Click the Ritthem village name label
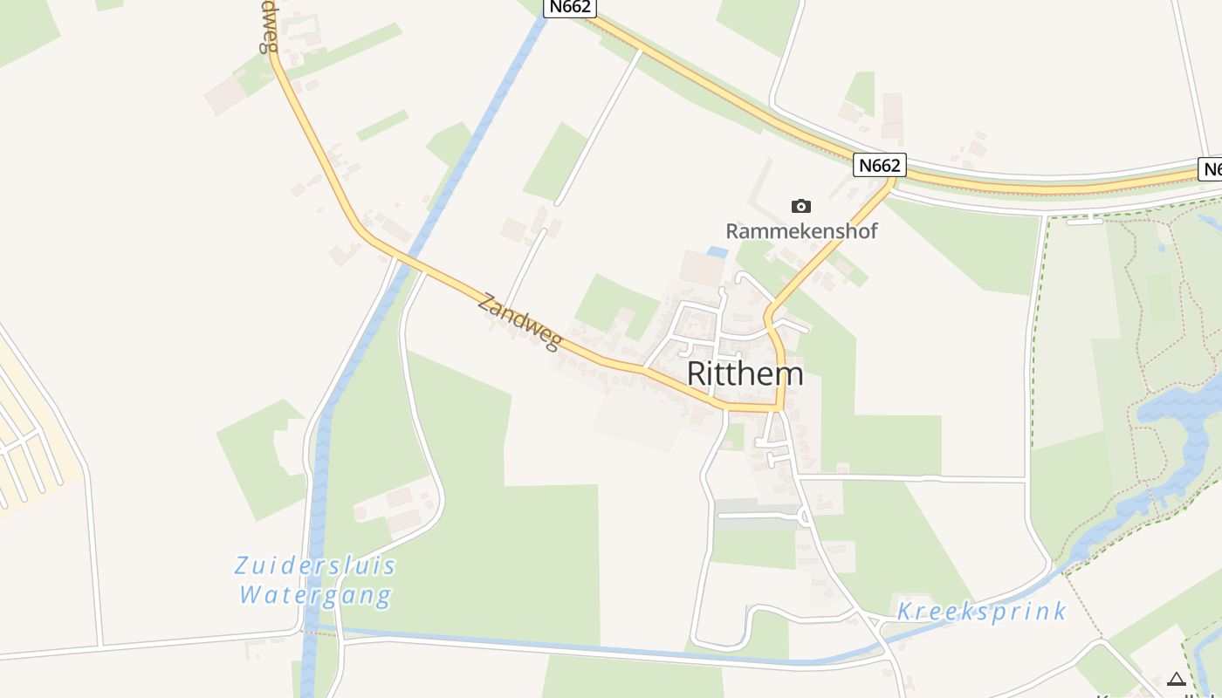pyautogui.click(x=745, y=373)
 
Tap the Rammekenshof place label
pyautogui.click(x=801, y=231)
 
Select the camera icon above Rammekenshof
pyautogui.click(x=800, y=207)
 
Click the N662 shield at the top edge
pyautogui.click(x=570, y=7)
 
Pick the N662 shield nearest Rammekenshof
pyautogui.click(x=880, y=165)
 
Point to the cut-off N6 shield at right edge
pyautogui.click(x=1211, y=169)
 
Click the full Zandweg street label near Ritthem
pyautogui.click(x=519, y=322)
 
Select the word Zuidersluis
pyautogui.click(x=315, y=565)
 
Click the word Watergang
pyautogui.click(x=315, y=596)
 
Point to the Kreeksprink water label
pyautogui.click(x=981, y=611)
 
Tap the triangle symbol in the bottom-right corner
pyautogui.click(x=1177, y=679)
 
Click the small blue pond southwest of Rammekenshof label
pyautogui.click(x=717, y=252)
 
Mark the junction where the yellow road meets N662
pyautogui.click(x=891, y=181)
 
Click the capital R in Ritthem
pyautogui.click(x=697, y=373)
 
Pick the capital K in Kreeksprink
pyautogui.click(x=905, y=611)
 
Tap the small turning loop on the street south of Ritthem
pyautogui.click(x=803, y=517)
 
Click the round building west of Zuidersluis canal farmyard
pyautogui.click(x=360, y=513)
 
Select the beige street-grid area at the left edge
pyautogui.click(x=26, y=436)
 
